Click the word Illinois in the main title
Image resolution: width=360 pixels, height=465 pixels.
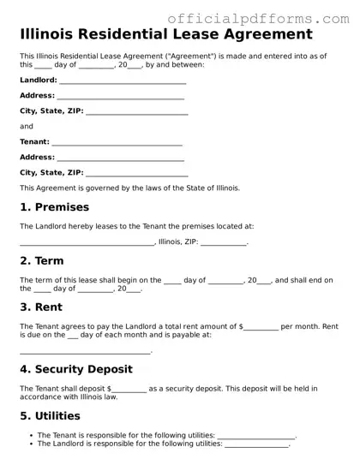pos(54,35)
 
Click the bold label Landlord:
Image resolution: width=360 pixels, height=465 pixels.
pos(39,80)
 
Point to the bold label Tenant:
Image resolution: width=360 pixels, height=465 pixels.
pos(34,142)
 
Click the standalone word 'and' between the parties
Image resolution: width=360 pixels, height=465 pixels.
pos(27,126)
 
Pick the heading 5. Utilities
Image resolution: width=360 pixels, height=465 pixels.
pos(50,416)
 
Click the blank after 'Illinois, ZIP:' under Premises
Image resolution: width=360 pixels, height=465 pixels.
pos(224,243)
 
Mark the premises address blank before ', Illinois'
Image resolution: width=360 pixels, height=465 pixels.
pos(87,243)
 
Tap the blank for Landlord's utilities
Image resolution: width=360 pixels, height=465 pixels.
pos(256,445)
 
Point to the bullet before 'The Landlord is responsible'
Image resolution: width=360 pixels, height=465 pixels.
pos(31,444)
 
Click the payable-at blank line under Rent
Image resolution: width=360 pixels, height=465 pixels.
pos(85,352)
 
